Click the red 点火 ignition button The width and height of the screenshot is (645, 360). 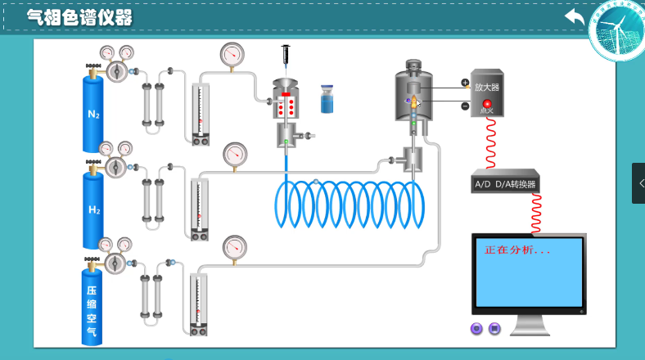click(x=487, y=104)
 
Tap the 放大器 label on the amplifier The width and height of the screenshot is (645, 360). click(x=486, y=87)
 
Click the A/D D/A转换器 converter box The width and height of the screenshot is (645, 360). click(x=506, y=184)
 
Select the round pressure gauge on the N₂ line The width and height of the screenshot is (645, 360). click(x=232, y=55)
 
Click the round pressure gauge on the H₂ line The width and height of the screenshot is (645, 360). click(x=235, y=153)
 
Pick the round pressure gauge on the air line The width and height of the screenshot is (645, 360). click(x=235, y=246)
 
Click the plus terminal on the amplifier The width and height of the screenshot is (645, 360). click(x=465, y=83)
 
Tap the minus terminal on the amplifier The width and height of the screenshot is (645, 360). click(x=465, y=106)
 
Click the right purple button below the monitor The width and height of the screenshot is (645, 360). click(x=494, y=329)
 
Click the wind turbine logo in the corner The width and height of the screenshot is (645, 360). click(x=617, y=33)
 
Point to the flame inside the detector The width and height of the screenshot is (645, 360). click(x=415, y=102)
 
